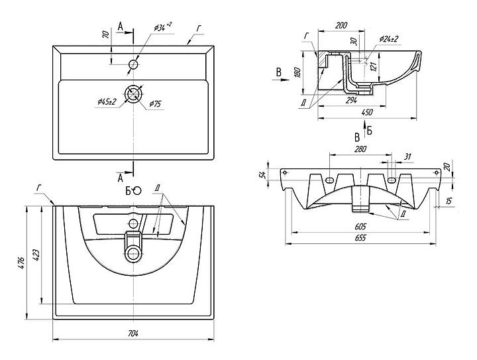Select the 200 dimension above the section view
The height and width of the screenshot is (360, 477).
(x=341, y=25)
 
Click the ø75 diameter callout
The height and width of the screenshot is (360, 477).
(x=156, y=103)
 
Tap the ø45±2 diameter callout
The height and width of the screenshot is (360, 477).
(x=107, y=101)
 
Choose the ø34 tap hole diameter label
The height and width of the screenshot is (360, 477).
(x=162, y=27)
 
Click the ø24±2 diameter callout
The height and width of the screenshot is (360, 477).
(x=389, y=40)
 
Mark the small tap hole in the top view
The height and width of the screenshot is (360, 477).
(x=133, y=64)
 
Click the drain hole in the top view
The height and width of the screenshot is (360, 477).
(x=133, y=93)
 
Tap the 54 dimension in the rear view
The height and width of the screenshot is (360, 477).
(x=262, y=174)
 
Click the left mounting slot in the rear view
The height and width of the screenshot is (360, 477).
(x=331, y=180)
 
